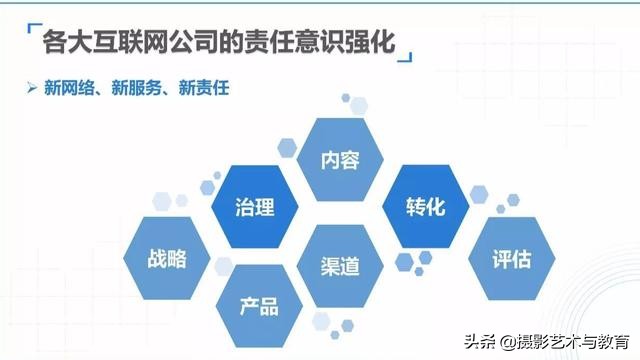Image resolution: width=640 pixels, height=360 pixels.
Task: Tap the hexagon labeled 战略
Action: pyautogui.click(x=168, y=258)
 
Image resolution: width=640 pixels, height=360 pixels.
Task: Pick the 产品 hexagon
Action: pyautogui.click(x=260, y=305)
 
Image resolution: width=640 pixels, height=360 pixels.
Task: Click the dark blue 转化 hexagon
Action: pyautogui.click(x=425, y=208)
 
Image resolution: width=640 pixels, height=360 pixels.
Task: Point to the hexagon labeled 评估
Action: pyautogui.click(x=511, y=258)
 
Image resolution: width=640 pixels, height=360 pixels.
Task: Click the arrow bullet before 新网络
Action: pyautogui.click(x=32, y=88)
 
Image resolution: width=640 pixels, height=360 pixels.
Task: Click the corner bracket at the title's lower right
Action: pyautogui.click(x=410, y=55)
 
